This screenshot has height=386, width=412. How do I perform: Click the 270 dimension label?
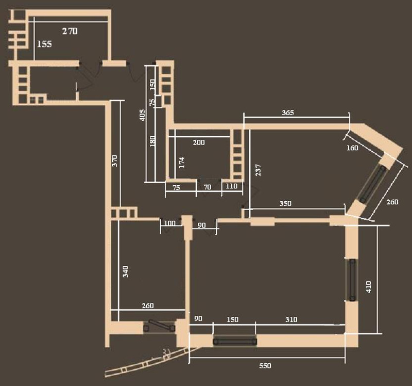70,31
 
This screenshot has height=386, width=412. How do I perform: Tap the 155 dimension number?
44,44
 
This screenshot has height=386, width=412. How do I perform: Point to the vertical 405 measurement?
142,115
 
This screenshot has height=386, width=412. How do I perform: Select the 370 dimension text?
115,160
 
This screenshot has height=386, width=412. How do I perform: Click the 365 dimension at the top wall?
288,112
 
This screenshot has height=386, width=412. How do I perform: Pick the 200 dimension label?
199,142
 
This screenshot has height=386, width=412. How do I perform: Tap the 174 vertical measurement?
182,163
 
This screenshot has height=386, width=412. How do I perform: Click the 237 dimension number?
259,170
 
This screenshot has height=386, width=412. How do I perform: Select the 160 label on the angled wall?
352,148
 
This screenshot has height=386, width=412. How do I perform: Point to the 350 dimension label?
285,203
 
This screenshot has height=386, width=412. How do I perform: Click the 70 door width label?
208,187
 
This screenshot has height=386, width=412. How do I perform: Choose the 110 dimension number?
231,186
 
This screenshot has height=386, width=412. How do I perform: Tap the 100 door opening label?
169,223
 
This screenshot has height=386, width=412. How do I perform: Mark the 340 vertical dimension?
126,271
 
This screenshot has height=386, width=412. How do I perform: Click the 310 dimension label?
291,319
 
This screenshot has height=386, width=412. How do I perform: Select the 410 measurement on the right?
368,287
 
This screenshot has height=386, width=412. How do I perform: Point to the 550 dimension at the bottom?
265,366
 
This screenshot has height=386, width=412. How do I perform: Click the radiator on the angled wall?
372,184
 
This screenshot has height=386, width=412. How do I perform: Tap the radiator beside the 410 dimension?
352,280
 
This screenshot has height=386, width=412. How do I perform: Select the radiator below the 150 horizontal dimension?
235,342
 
